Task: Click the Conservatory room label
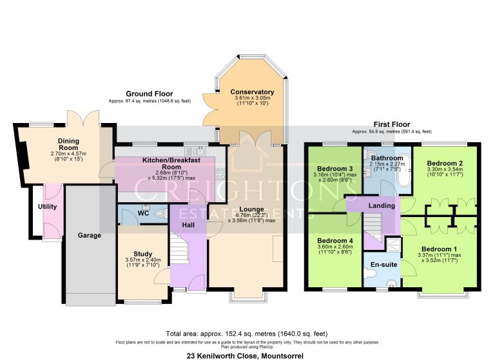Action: click(x=252, y=92)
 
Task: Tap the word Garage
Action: click(x=90, y=236)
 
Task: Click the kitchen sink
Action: click(x=198, y=151)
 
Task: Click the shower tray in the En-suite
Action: click(x=391, y=245)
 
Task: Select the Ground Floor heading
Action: click(x=150, y=94)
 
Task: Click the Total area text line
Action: click(x=247, y=334)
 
